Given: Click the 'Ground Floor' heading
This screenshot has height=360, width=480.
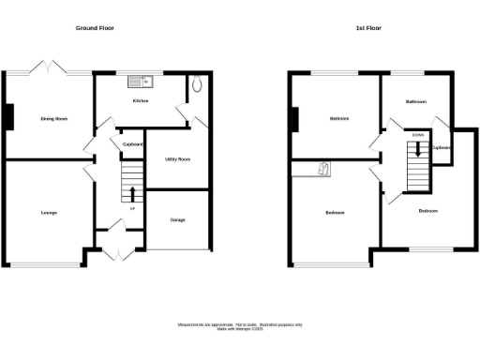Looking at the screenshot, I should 95,28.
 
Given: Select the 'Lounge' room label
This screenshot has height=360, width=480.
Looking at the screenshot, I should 49,213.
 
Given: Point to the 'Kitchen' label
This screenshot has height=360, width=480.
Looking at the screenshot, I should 141,100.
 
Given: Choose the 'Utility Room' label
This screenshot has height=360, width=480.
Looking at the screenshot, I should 177,159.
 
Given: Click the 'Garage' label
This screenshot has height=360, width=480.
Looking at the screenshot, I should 177,220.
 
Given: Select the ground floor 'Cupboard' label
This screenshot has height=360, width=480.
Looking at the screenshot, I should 132,144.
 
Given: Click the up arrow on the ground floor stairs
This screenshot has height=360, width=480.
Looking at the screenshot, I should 131,194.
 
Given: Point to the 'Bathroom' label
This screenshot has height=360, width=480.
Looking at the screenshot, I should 416,100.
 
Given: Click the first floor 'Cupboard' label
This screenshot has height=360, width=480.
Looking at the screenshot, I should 441,147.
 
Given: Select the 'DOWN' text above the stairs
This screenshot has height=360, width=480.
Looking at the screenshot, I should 417,134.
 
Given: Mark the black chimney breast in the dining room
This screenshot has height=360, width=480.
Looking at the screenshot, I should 9,116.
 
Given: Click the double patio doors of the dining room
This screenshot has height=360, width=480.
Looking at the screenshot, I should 47,68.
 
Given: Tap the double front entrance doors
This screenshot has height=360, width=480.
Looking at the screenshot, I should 115,252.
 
